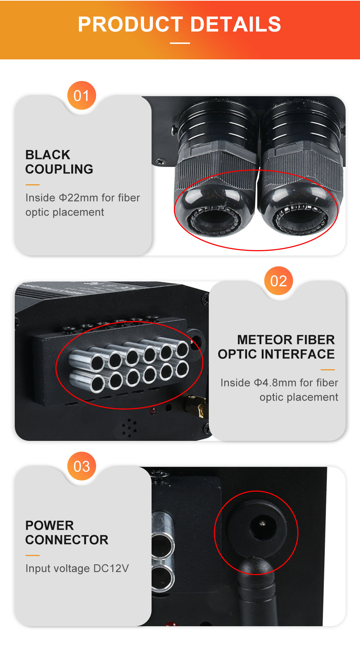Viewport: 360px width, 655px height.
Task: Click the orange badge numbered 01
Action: [x=82, y=96]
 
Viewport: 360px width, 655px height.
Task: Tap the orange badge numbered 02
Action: [x=279, y=281]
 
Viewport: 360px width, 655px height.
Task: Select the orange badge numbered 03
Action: [x=82, y=466]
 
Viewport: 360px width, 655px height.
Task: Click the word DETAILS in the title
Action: [x=235, y=24]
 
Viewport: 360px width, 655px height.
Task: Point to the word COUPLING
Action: [x=59, y=169]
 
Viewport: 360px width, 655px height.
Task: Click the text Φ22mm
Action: [x=78, y=198]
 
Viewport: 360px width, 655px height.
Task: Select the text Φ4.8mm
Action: [x=275, y=383]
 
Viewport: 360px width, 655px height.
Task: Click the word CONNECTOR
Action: [x=67, y=540]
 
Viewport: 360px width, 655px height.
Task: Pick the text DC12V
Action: [x=111, y=568]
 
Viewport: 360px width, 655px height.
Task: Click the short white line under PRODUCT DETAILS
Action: [x=180, y=43]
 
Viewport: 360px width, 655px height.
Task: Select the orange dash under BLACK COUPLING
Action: [x=32, y=185]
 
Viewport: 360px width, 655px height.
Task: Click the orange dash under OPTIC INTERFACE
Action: [x=328, y=370]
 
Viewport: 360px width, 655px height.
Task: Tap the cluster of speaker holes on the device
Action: [x=129, y=428]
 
